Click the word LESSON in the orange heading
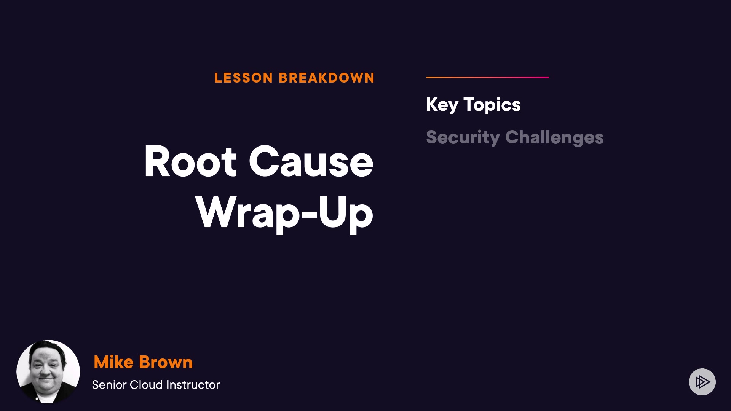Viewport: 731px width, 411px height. [244, 78]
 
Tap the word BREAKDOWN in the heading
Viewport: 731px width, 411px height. [327, 78]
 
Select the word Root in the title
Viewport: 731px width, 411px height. [190, 161]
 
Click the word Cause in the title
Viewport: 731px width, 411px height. [311, 161]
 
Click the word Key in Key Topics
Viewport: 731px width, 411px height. [442, 105]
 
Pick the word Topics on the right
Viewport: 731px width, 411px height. [492, 105]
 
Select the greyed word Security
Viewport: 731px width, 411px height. [463, 138]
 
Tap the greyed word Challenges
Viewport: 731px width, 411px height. [554, 138]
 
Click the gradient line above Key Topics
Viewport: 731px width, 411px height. [488, 77]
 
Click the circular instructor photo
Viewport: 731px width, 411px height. [48, 372]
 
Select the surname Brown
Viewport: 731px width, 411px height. [166, 362]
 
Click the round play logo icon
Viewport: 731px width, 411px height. [702, 382]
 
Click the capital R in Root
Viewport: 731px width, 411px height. [156, 161]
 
